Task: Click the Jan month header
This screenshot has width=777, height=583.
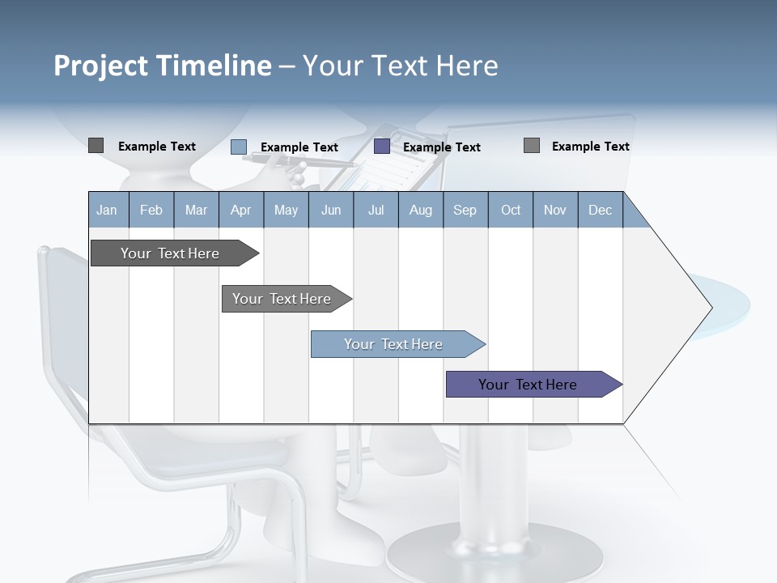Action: [107, 210]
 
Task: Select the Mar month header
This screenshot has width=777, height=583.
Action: [196, 210]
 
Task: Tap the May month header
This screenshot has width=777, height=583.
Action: [286, 210]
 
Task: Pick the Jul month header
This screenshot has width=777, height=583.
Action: [376, 210]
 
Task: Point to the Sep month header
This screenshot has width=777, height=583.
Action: [465, 210]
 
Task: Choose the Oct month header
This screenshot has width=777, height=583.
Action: [511, 210]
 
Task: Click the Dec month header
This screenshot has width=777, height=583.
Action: [600, 210]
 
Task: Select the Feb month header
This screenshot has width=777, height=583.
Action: [151, 210]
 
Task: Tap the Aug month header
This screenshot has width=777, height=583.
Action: [420, 210]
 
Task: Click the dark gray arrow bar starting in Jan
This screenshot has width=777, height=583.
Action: [170, 253]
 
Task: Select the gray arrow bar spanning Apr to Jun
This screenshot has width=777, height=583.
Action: [282, 299]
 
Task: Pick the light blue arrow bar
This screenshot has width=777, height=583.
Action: [393, 344]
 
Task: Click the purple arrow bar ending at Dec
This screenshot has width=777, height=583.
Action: [528, 385]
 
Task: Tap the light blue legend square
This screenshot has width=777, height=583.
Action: [238, 147]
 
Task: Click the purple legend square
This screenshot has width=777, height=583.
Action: [382, 147]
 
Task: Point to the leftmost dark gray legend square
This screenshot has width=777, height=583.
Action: [96, 146]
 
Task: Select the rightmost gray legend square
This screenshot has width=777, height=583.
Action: [531, 146]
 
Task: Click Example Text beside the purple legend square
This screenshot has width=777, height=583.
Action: [441, 147]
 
